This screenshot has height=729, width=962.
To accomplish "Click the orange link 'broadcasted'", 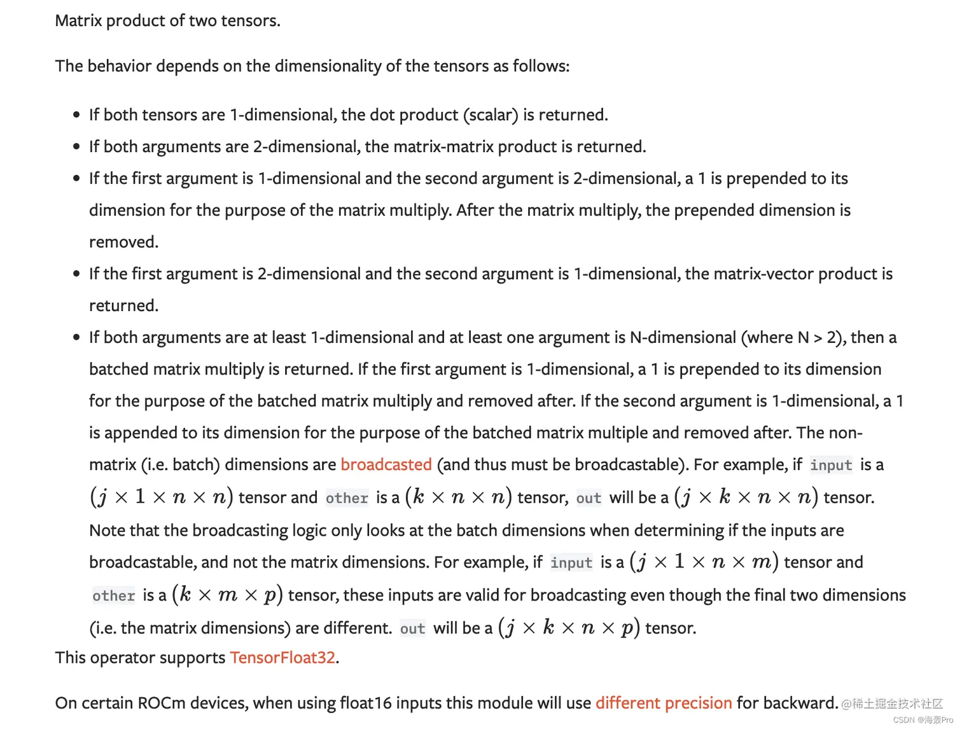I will (x=386, y=464).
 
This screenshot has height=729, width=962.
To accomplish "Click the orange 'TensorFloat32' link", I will (x=282, y=657).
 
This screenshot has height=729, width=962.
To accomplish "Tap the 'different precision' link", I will (x=664, y=703).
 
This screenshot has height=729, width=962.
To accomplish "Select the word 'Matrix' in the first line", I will (x=78, y=20).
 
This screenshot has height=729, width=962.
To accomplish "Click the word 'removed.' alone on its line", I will (x=123, y=242).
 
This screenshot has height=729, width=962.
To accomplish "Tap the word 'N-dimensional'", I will (x=683, y=337).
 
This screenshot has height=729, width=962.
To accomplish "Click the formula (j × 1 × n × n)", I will (x=162, y=497).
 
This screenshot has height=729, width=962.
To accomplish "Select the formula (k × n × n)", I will (x=458, y=497).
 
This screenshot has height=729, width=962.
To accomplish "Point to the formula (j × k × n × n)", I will (x=746, y=497).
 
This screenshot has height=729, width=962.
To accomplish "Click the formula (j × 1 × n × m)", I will (x=704, y=562).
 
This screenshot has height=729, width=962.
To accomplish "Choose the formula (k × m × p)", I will (x=227, y=595).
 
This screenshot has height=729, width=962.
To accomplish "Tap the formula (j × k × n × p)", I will (x=569, y=628).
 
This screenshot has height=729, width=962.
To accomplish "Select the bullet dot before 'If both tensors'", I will (x=76, y=115).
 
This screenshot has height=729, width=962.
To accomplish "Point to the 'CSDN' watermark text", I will (x=903, y=720).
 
